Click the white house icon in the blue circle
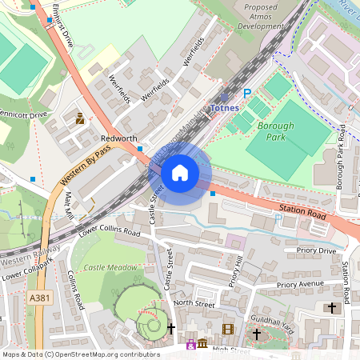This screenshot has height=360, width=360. pos(180,173)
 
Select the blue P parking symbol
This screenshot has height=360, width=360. pos(246,94)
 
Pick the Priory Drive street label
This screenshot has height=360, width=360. pos(315,250)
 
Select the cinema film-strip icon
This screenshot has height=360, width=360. pos(228,329)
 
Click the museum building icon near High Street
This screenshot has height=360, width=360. pos(202,345)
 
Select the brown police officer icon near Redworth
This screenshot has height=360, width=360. pos(80,119)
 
